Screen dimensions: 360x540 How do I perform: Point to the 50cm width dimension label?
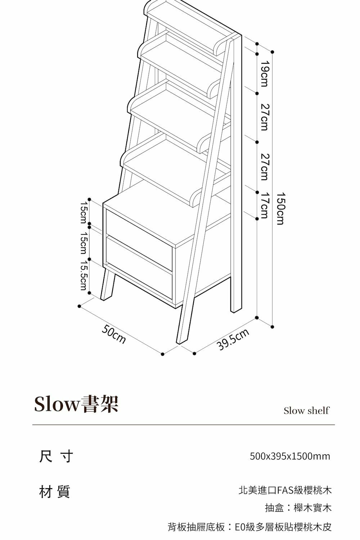point(114,334)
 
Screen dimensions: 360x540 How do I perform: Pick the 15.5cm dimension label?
point(84,275)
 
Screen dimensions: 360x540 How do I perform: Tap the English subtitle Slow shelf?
point(306,411)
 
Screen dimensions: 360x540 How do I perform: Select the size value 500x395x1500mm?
point(290,456)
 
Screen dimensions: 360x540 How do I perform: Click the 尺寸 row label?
point(56,456)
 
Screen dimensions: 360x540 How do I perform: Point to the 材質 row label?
point(55,491)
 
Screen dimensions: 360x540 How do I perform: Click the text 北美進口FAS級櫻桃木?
point(285,490)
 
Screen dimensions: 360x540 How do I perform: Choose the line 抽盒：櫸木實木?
point(298,508)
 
